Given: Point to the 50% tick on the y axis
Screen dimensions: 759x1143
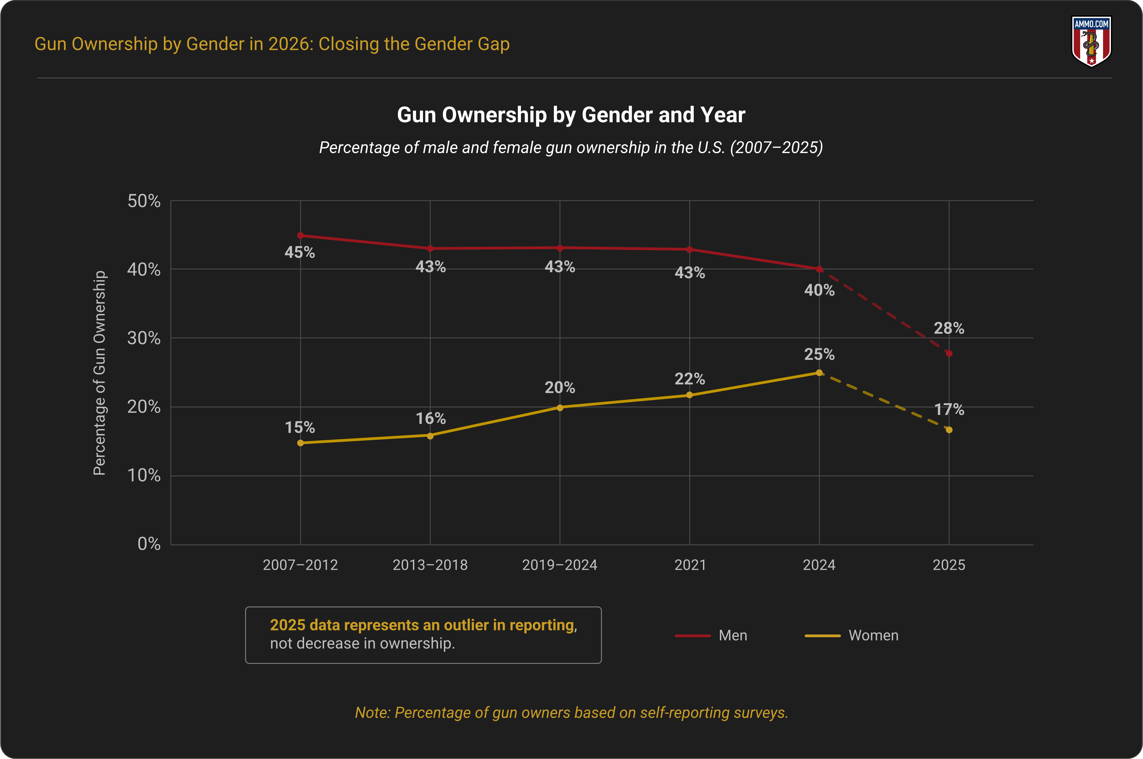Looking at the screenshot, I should click(x=144, y=201).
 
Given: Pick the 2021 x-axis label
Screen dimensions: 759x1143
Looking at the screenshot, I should click(x=690, y=565).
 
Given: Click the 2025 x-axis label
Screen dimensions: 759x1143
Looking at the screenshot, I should click(x=949, y=565).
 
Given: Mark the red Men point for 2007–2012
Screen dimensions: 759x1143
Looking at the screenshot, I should click(x=300, y=236).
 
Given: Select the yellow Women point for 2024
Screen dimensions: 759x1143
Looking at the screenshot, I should click(x=819, y=373).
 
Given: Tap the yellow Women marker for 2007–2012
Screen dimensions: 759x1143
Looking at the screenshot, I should click(x=300, y=443).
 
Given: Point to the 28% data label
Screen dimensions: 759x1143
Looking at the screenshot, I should click(x=949, y=328).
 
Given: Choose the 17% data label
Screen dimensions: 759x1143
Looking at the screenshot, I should click(x=949, y=409).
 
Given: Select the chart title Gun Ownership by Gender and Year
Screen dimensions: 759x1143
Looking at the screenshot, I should click(x=571, y=115).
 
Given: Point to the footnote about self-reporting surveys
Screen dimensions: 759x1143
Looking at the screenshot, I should click(x=571, y=712).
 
